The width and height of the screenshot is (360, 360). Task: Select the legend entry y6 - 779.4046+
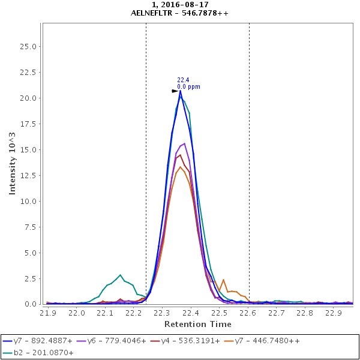click(x=117, y=341)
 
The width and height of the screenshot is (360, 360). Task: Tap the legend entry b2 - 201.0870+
click(x=41, y=353)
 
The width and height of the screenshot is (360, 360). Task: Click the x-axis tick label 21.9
click(x=48, y=313)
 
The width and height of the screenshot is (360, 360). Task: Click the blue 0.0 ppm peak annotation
click(x=188, y=87)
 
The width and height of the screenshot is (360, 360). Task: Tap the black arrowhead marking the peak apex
click(x=175, y=91)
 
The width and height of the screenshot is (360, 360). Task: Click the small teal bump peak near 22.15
click(x=121, y=275)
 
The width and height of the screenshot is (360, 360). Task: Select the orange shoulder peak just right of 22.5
click(x=223, y=280)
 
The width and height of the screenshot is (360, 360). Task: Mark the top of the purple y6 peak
click(x=184, y=143)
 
